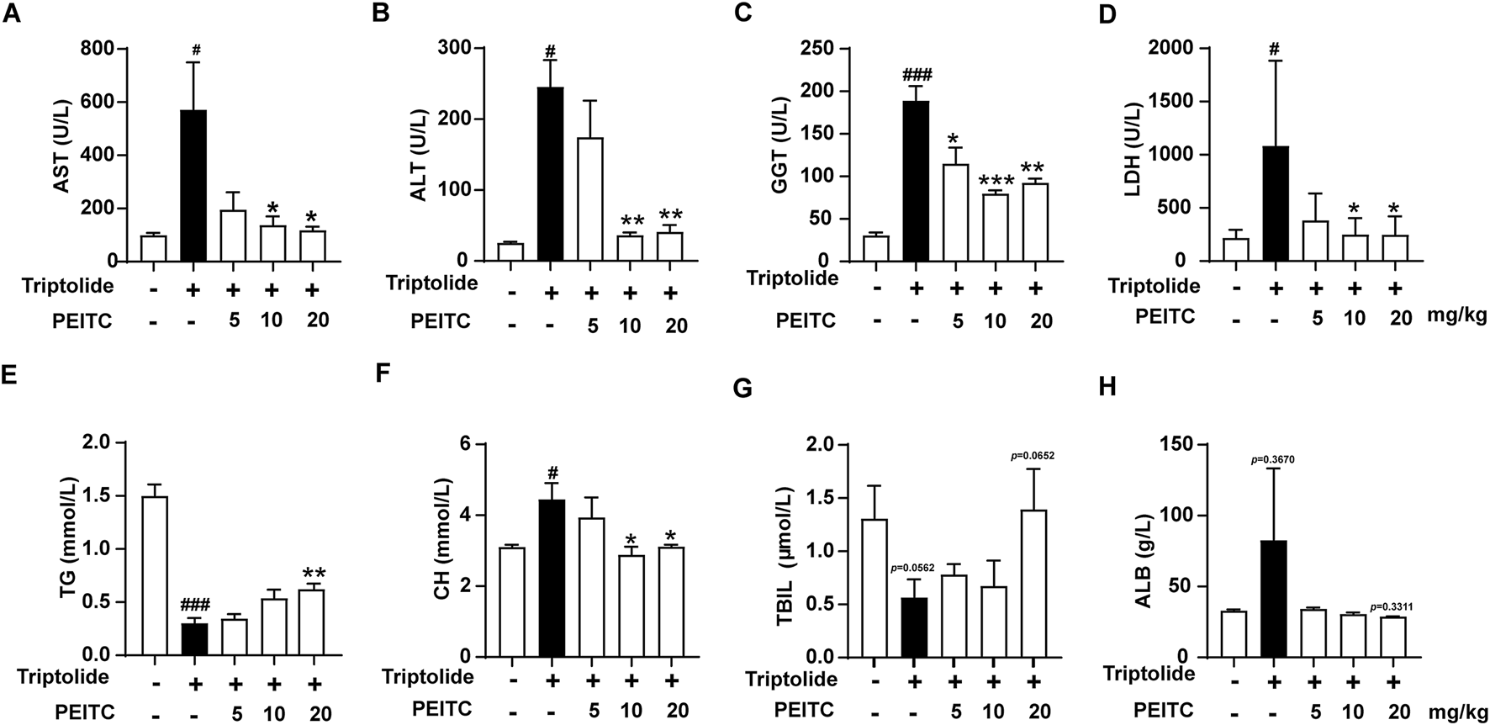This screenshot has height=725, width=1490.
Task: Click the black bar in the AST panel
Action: click(193, 185)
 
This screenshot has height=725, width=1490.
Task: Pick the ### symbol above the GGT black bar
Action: click(916, 74)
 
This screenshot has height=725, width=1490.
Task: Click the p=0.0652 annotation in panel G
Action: click(1031, 456)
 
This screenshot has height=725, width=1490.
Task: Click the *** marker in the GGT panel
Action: click(995, 181)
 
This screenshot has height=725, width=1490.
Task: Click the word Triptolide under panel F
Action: click(427, 676)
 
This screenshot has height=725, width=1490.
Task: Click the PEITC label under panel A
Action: click(82, 321)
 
